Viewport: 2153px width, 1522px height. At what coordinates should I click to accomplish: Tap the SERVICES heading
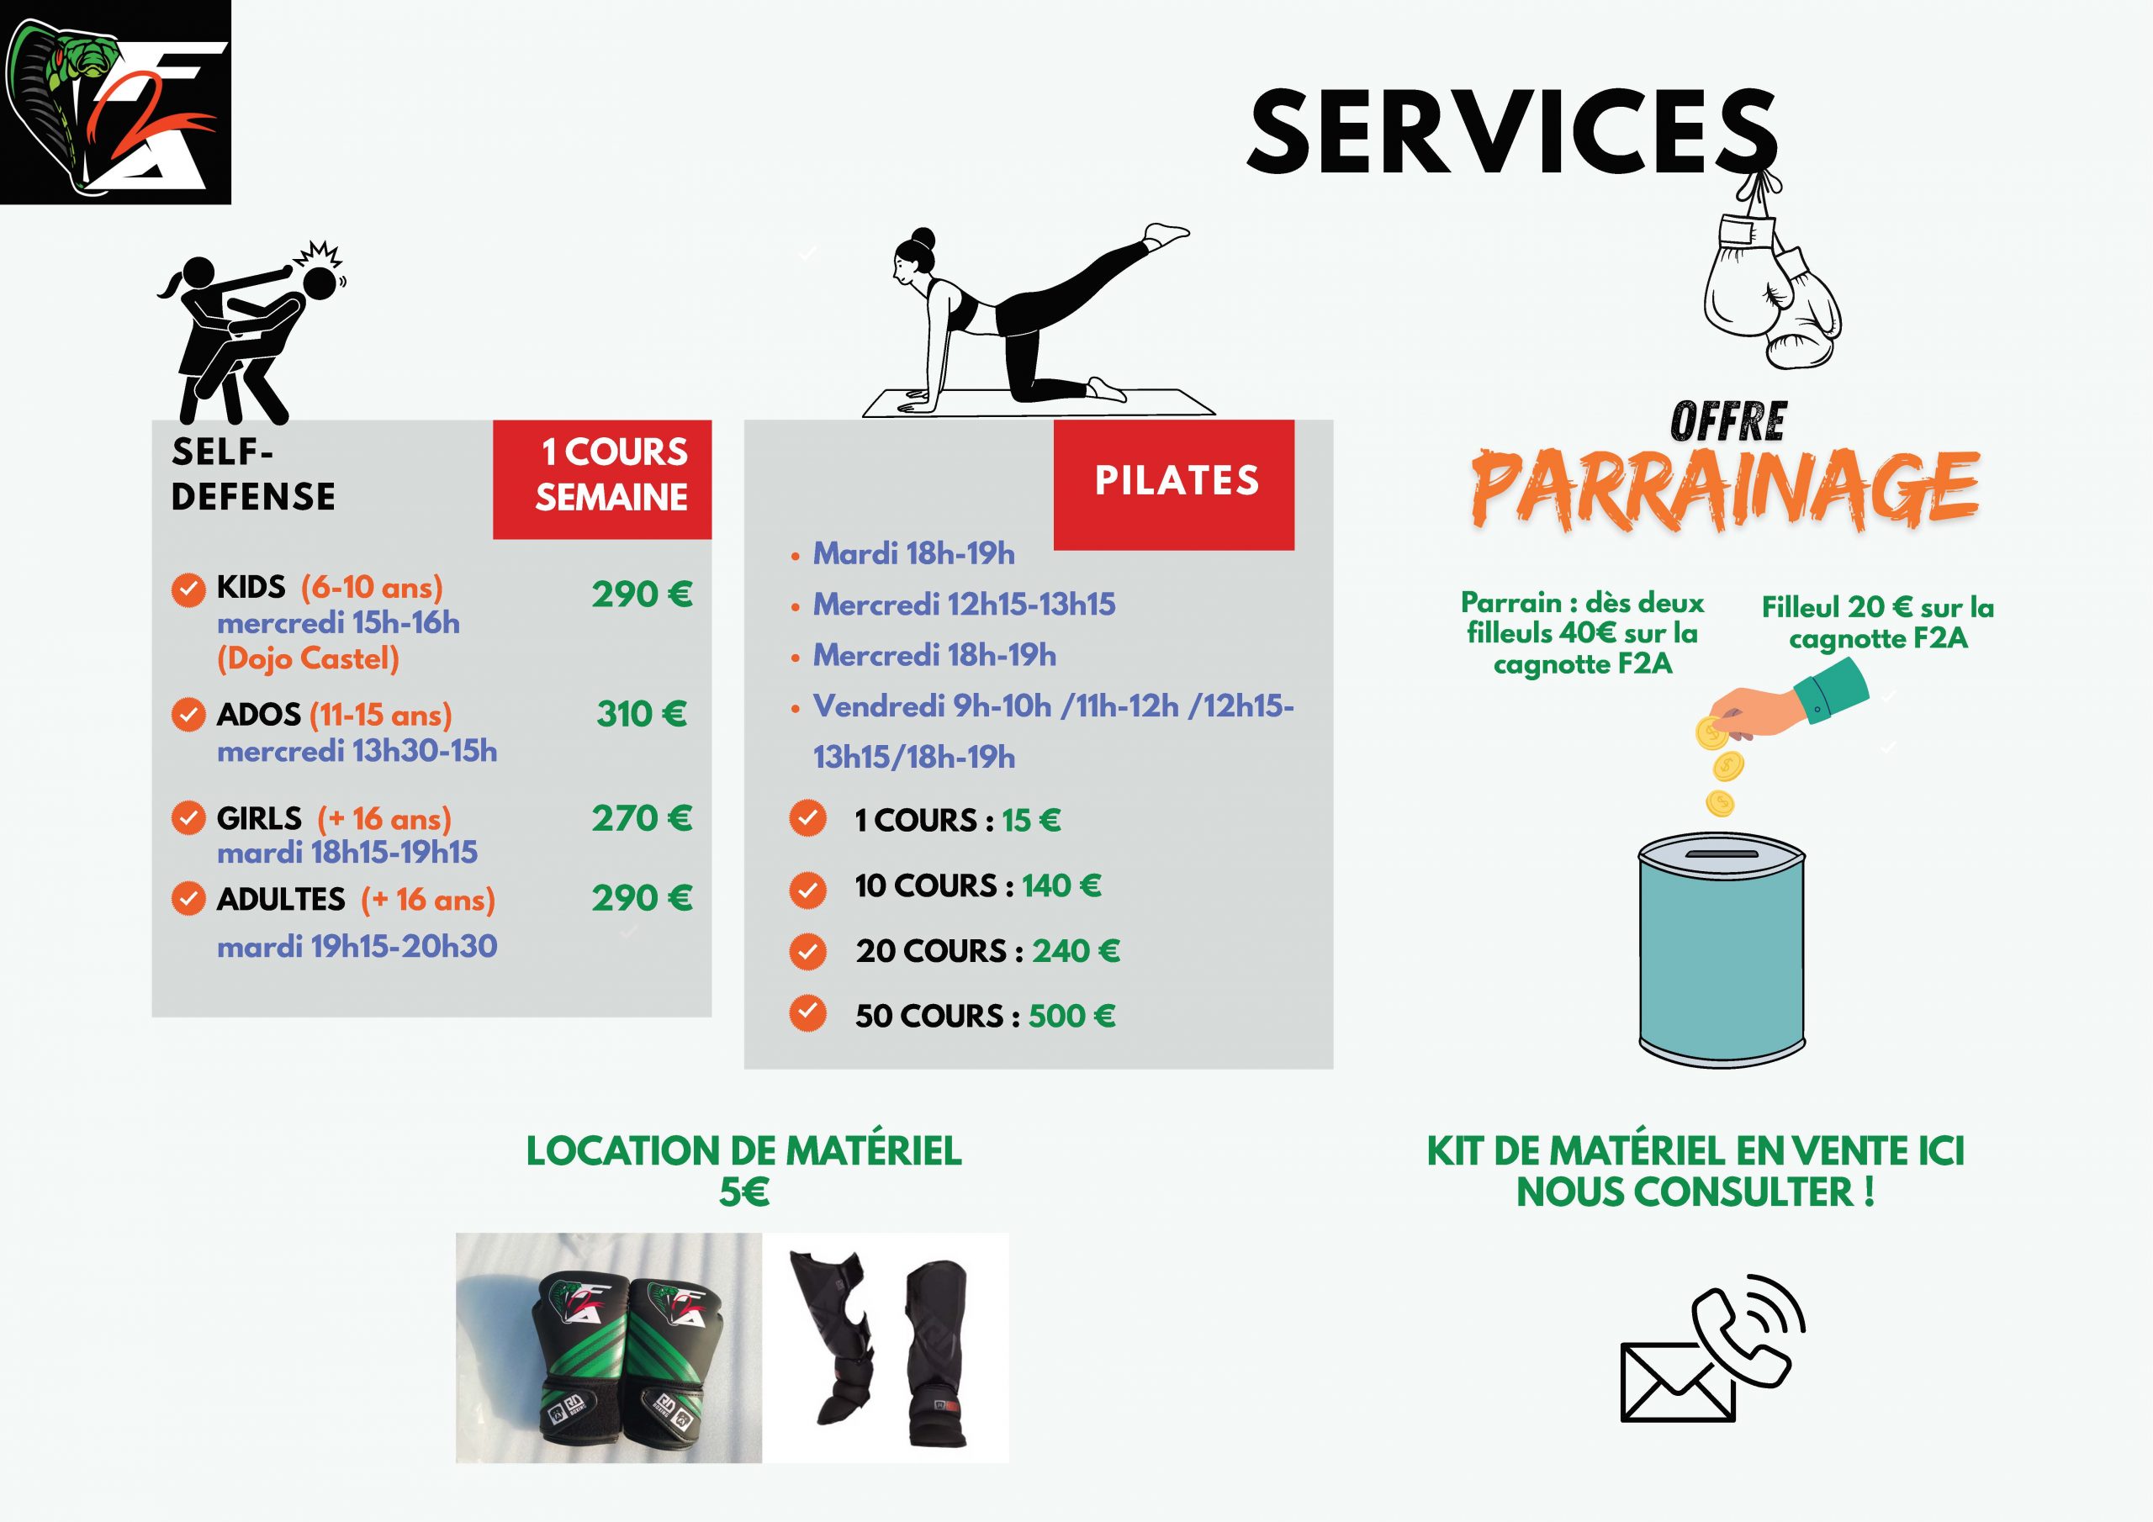(x=1511, y=132)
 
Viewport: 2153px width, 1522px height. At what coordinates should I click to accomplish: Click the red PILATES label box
(x=1174, y=484)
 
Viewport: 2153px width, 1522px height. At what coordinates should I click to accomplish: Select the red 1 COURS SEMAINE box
(x=602, y=479)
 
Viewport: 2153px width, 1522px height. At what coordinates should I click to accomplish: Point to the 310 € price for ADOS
(x=643, y=715)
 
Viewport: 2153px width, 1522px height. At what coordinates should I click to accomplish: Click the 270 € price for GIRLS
(x=643, y=819)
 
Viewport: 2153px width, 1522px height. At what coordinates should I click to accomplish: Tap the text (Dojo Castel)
(x=309, y=659)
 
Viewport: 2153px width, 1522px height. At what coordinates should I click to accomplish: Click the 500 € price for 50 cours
(x=1071, y=1016)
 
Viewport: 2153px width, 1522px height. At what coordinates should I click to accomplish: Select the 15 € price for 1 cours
(x=1030, y=821)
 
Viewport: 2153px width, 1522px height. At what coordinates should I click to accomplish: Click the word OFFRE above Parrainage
(x=1727, y=422)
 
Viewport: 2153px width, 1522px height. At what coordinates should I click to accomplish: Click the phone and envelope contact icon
(x=1712, y=1361)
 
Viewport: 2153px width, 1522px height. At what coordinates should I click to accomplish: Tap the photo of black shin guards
(x=886, y=1348)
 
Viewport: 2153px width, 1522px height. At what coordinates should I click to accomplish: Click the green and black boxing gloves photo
(x=609, y=1348)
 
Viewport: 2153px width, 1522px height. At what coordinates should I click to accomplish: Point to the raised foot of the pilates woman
(x=1166, y=235)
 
